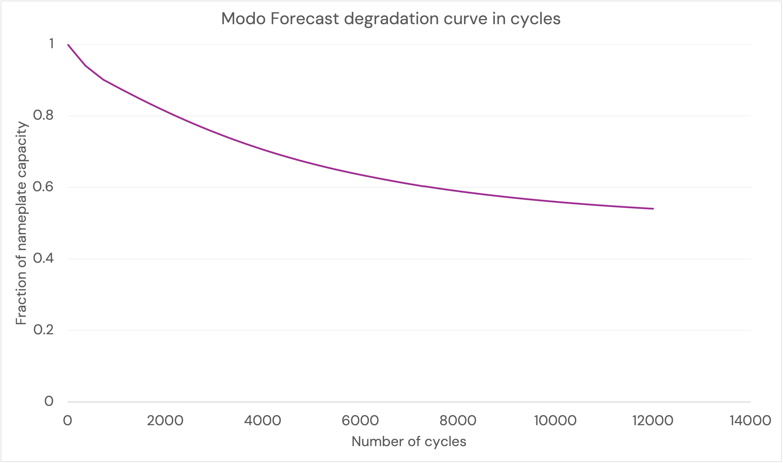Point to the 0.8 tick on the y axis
(x=43, y=115)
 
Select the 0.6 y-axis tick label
(x=43, y=187)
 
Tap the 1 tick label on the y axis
(x=51, y=44)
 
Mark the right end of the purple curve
(x=653, y=209)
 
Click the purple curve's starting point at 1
(x=68, y=45)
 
